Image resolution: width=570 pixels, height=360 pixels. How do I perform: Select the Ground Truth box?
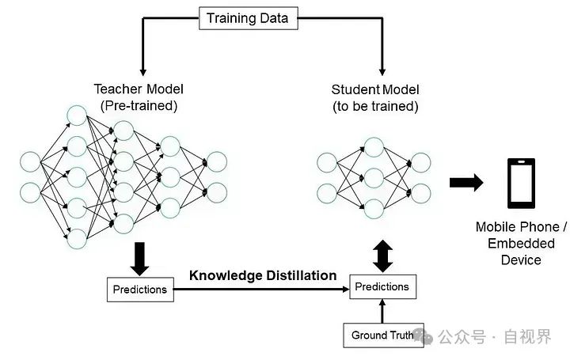[x=382, y=335]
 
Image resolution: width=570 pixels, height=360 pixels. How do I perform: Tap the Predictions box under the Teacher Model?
[x=139, y=289]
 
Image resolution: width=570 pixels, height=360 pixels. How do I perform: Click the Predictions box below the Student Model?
[x=382, y=286]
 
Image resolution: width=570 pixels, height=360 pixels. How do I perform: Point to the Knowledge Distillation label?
[x=263, y=275]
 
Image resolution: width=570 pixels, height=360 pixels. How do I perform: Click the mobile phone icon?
[x=520, y=183]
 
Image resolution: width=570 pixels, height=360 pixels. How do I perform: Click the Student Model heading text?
[x=375, y=89]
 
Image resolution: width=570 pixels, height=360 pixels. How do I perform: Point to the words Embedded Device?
[x=521, y=252]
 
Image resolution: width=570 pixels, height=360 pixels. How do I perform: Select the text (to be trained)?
[x=375, y=105]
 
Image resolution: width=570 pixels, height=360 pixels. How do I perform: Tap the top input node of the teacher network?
[x=31, y=161]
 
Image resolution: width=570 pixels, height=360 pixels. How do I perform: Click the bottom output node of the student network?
[x=420, y=193]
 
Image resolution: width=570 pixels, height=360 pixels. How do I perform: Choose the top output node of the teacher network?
[x=216, y=161]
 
